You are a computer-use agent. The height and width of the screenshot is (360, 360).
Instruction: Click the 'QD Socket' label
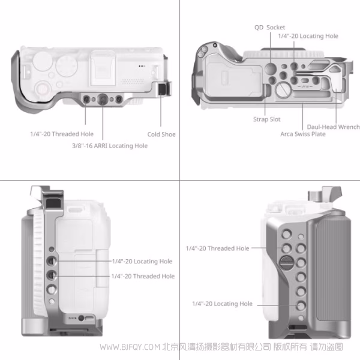point(269,28)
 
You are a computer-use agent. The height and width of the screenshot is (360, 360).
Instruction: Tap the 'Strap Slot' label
point(267,119)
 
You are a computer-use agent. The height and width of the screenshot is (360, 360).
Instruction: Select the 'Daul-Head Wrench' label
point(333,127)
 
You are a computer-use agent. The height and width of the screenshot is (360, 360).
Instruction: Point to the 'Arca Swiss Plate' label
point(303,134)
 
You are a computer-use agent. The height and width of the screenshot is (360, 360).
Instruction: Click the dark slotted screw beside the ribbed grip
point(286,261)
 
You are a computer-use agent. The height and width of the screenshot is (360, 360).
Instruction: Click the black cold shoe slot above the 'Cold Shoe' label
point(161,91)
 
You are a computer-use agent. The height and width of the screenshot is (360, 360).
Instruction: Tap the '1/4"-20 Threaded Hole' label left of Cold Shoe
point(62,134)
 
